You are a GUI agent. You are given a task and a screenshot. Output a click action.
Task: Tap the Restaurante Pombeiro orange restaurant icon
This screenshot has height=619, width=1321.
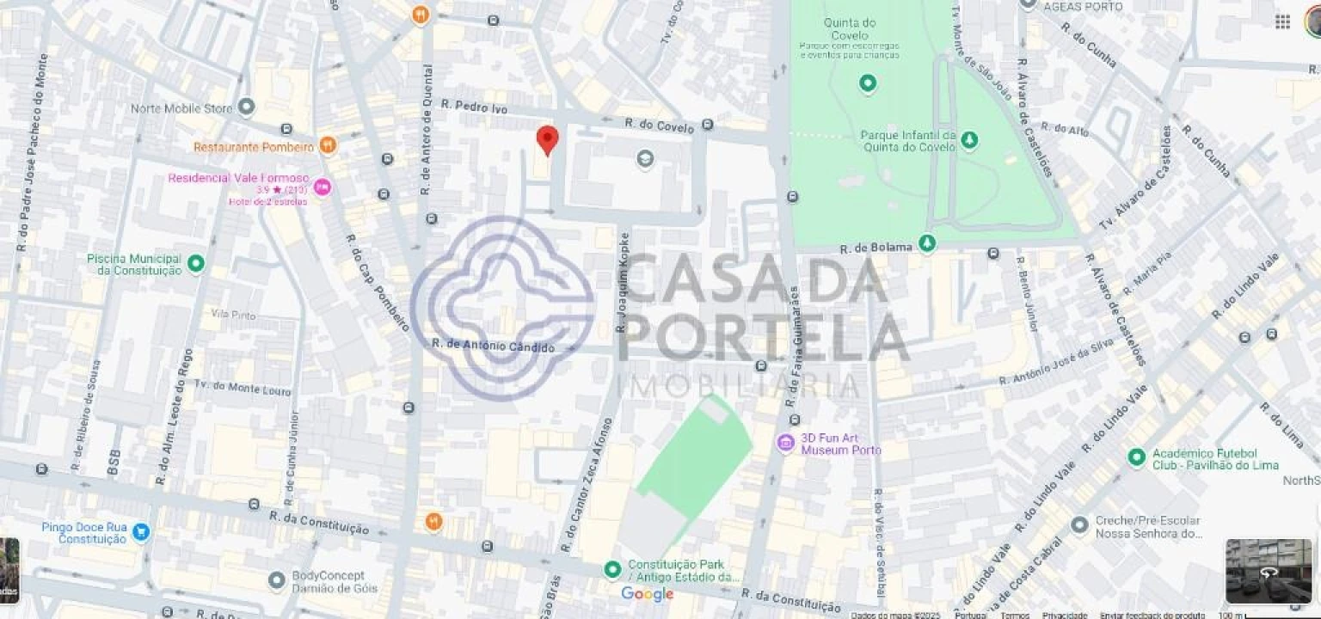coord(328,146)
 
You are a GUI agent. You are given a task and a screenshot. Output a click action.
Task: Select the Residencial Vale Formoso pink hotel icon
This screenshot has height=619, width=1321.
coord(322,187)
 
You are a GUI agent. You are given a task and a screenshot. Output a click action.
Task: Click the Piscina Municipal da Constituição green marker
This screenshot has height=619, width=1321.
coord(196,264)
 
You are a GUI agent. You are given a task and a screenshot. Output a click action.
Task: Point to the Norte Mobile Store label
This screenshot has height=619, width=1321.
coord(181,108)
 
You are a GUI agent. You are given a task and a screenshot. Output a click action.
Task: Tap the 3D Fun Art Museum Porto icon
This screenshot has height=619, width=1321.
coord(785,444)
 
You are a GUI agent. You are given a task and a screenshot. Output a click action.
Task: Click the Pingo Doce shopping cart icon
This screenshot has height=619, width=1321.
coord(141,532)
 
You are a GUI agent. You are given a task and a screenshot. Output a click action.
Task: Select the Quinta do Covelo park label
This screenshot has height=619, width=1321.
coord(850,23)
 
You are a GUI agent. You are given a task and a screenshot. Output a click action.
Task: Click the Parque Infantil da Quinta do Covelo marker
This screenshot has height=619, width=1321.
coord(969,139)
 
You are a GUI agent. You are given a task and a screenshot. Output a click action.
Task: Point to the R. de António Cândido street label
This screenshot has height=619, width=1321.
coord(493,345)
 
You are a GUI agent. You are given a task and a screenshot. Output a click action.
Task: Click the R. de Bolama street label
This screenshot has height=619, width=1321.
coord(876,248)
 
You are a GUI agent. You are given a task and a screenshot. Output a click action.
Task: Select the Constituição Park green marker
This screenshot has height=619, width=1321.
coord(612,569)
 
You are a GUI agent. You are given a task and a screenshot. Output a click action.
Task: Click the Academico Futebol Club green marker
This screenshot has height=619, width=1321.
coord(1137,457)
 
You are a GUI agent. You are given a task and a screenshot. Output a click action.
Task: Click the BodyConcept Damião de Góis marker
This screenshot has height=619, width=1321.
coord(277,581)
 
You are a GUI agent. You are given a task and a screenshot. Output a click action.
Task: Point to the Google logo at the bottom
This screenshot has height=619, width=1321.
coord(647,594)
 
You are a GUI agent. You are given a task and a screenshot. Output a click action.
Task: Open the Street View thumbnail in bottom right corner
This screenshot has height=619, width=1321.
coord(1269,571)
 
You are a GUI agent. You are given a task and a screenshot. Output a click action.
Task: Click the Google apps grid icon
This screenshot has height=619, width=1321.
coord(1282,21)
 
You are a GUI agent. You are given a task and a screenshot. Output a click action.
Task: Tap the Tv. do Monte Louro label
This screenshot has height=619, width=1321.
coord(243,387)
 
